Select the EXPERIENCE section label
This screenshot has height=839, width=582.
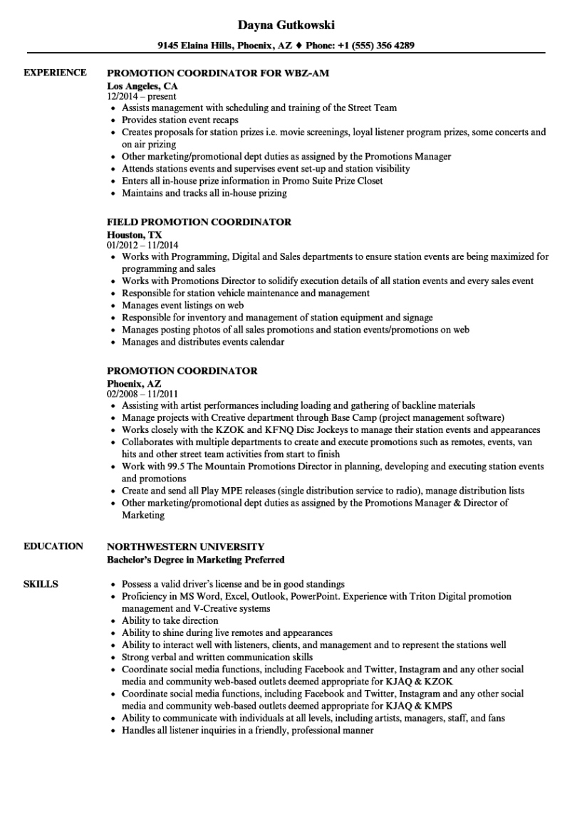point(55,73)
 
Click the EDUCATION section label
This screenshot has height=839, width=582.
point(53,546)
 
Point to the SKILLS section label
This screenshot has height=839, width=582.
point(41,584)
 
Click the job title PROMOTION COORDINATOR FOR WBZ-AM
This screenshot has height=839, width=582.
point(218,73)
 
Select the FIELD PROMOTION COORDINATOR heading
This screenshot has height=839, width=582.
point(199,222)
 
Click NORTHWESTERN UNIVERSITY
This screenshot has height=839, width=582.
point(185,546)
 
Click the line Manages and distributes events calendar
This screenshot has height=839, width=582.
point(203,342)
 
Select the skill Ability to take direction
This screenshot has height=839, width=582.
point(170,620)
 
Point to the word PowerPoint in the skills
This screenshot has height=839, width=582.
point(313,596)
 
